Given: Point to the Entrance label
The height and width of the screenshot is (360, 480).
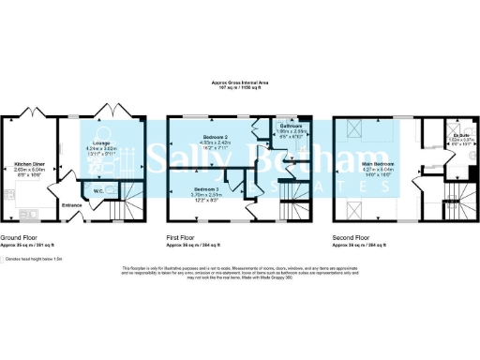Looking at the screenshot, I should pyautogui.click(x=72, y=204).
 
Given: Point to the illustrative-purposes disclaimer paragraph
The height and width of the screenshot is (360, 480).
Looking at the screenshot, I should pyautogui.click(x=239, y=273).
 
